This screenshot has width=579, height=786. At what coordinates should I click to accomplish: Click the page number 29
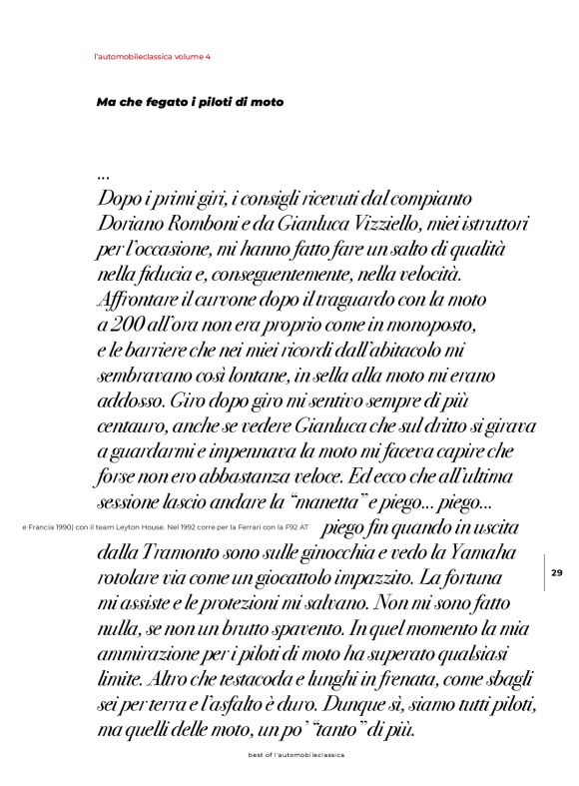click(557, 572)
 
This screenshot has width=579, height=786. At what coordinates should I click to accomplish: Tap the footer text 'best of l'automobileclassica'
click(295, 756)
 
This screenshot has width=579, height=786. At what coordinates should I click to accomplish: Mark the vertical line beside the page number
click(544, 572)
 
